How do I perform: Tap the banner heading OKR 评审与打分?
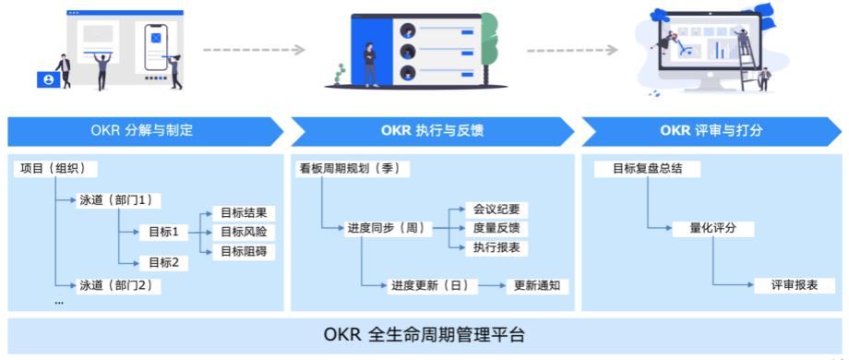click(x=711, y=130)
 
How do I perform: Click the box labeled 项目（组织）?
click(x=56, y=169)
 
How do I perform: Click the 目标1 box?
click(x=163, y=232)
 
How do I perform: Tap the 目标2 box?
click(x=163, y=262)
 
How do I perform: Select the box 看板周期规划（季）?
click(x=353, y=169)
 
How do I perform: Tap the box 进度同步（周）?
click(x=385, y=227)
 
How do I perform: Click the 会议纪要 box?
click(x=496, y=209)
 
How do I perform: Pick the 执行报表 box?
click(x=496, y=247)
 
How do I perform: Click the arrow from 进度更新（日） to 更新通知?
click(x=491, y=285)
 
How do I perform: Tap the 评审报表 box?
click(x=795, y=285)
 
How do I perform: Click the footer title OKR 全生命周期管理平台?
click(x=424, y=333)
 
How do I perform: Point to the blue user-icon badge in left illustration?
click(x=46, y=80)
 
